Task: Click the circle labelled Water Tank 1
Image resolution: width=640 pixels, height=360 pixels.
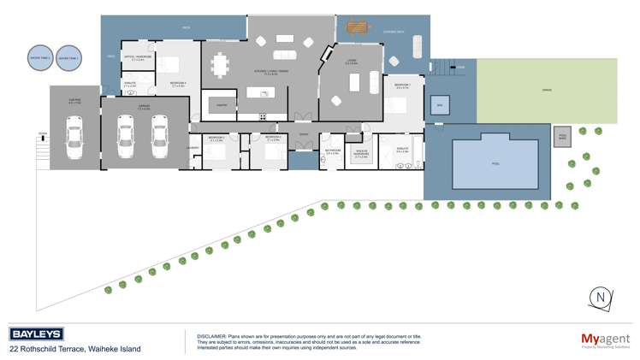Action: pyautogui.click(x=39, y=57)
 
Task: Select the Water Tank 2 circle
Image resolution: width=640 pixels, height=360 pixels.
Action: pyautogui.click(x=68, y=57)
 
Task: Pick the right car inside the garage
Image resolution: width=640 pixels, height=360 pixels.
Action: pyautogui.click(x=158, y=135)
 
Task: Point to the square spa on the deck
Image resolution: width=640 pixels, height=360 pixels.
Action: pyautogui.click(x=440, y=106)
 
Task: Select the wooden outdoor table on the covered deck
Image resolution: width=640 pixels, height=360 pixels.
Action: pyautogui.click(x=359, y=28)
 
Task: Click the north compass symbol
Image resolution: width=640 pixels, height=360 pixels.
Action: pyautogui.click(x=601, y=297)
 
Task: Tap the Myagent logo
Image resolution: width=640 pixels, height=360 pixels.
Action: pyautogui.click(x=605, y=339)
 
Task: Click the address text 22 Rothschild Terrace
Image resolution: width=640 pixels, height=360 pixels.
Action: pyautogui.click(x=50, y=349)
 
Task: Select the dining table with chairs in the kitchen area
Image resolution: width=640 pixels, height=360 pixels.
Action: pyautogui.click(x=222, y=63)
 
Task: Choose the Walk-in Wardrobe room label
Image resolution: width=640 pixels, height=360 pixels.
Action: pyautogui.click(x=361, y=155)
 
